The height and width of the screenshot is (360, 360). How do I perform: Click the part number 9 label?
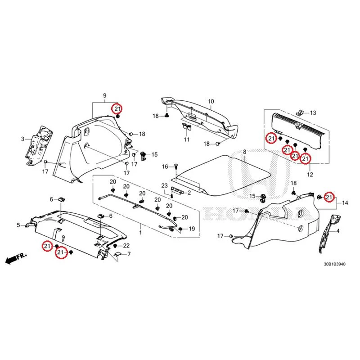[105, 95]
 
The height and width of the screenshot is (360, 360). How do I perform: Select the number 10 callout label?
[211, 101]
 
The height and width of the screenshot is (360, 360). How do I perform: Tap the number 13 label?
[313, 113]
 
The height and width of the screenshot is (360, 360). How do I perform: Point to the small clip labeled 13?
[299, 112]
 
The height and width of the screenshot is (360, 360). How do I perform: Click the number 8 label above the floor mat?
[244, 152]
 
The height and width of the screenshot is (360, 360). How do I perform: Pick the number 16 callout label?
[165, 166]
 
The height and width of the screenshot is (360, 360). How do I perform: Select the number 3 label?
[22, 139]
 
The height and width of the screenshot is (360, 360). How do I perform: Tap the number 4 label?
[338, 231]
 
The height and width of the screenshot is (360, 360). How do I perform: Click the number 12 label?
[310, 175]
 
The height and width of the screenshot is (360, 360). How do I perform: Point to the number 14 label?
[345, 203]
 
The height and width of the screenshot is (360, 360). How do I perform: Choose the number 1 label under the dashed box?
[140, 233]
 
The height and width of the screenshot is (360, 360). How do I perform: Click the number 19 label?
[192, 229]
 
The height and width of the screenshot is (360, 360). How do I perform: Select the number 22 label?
[126, 246]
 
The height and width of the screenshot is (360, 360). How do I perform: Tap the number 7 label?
[129, 254]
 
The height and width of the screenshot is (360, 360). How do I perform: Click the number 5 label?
[18, 225]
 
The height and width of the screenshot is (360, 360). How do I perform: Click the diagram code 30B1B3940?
[334, 264]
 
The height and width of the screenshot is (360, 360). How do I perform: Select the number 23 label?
[164, 185]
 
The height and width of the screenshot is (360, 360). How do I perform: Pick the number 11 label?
[187, 139]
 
